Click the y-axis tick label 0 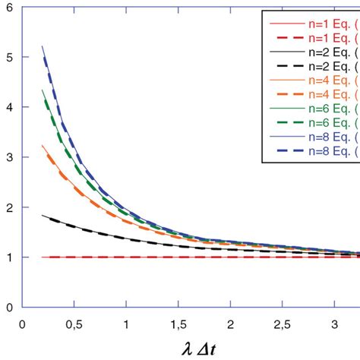point(8,307)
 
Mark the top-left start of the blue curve point(43,46)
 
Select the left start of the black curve point(43,215)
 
